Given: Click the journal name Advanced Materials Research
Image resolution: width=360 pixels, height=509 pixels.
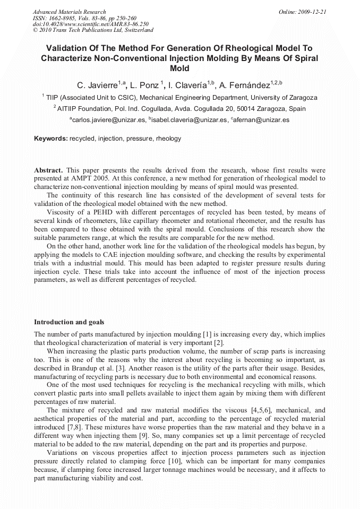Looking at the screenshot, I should pos(69,12).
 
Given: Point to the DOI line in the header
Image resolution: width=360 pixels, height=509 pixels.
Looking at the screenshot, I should pos(91,24).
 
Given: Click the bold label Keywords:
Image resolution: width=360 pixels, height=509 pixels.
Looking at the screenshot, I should pos(51,139).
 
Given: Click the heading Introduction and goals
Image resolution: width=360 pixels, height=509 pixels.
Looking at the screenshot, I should pos(69,322).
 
